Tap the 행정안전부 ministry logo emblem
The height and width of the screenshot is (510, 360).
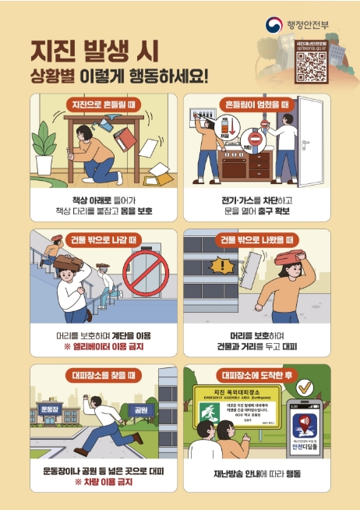(x=276, y=25)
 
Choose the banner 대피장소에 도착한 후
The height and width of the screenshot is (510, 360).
(x=257, y=375)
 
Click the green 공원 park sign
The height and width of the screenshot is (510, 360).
(x=142, y=409)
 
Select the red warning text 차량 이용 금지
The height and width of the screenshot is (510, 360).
(x=103, y=481)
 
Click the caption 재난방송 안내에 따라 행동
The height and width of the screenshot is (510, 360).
(x=256, y=473)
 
